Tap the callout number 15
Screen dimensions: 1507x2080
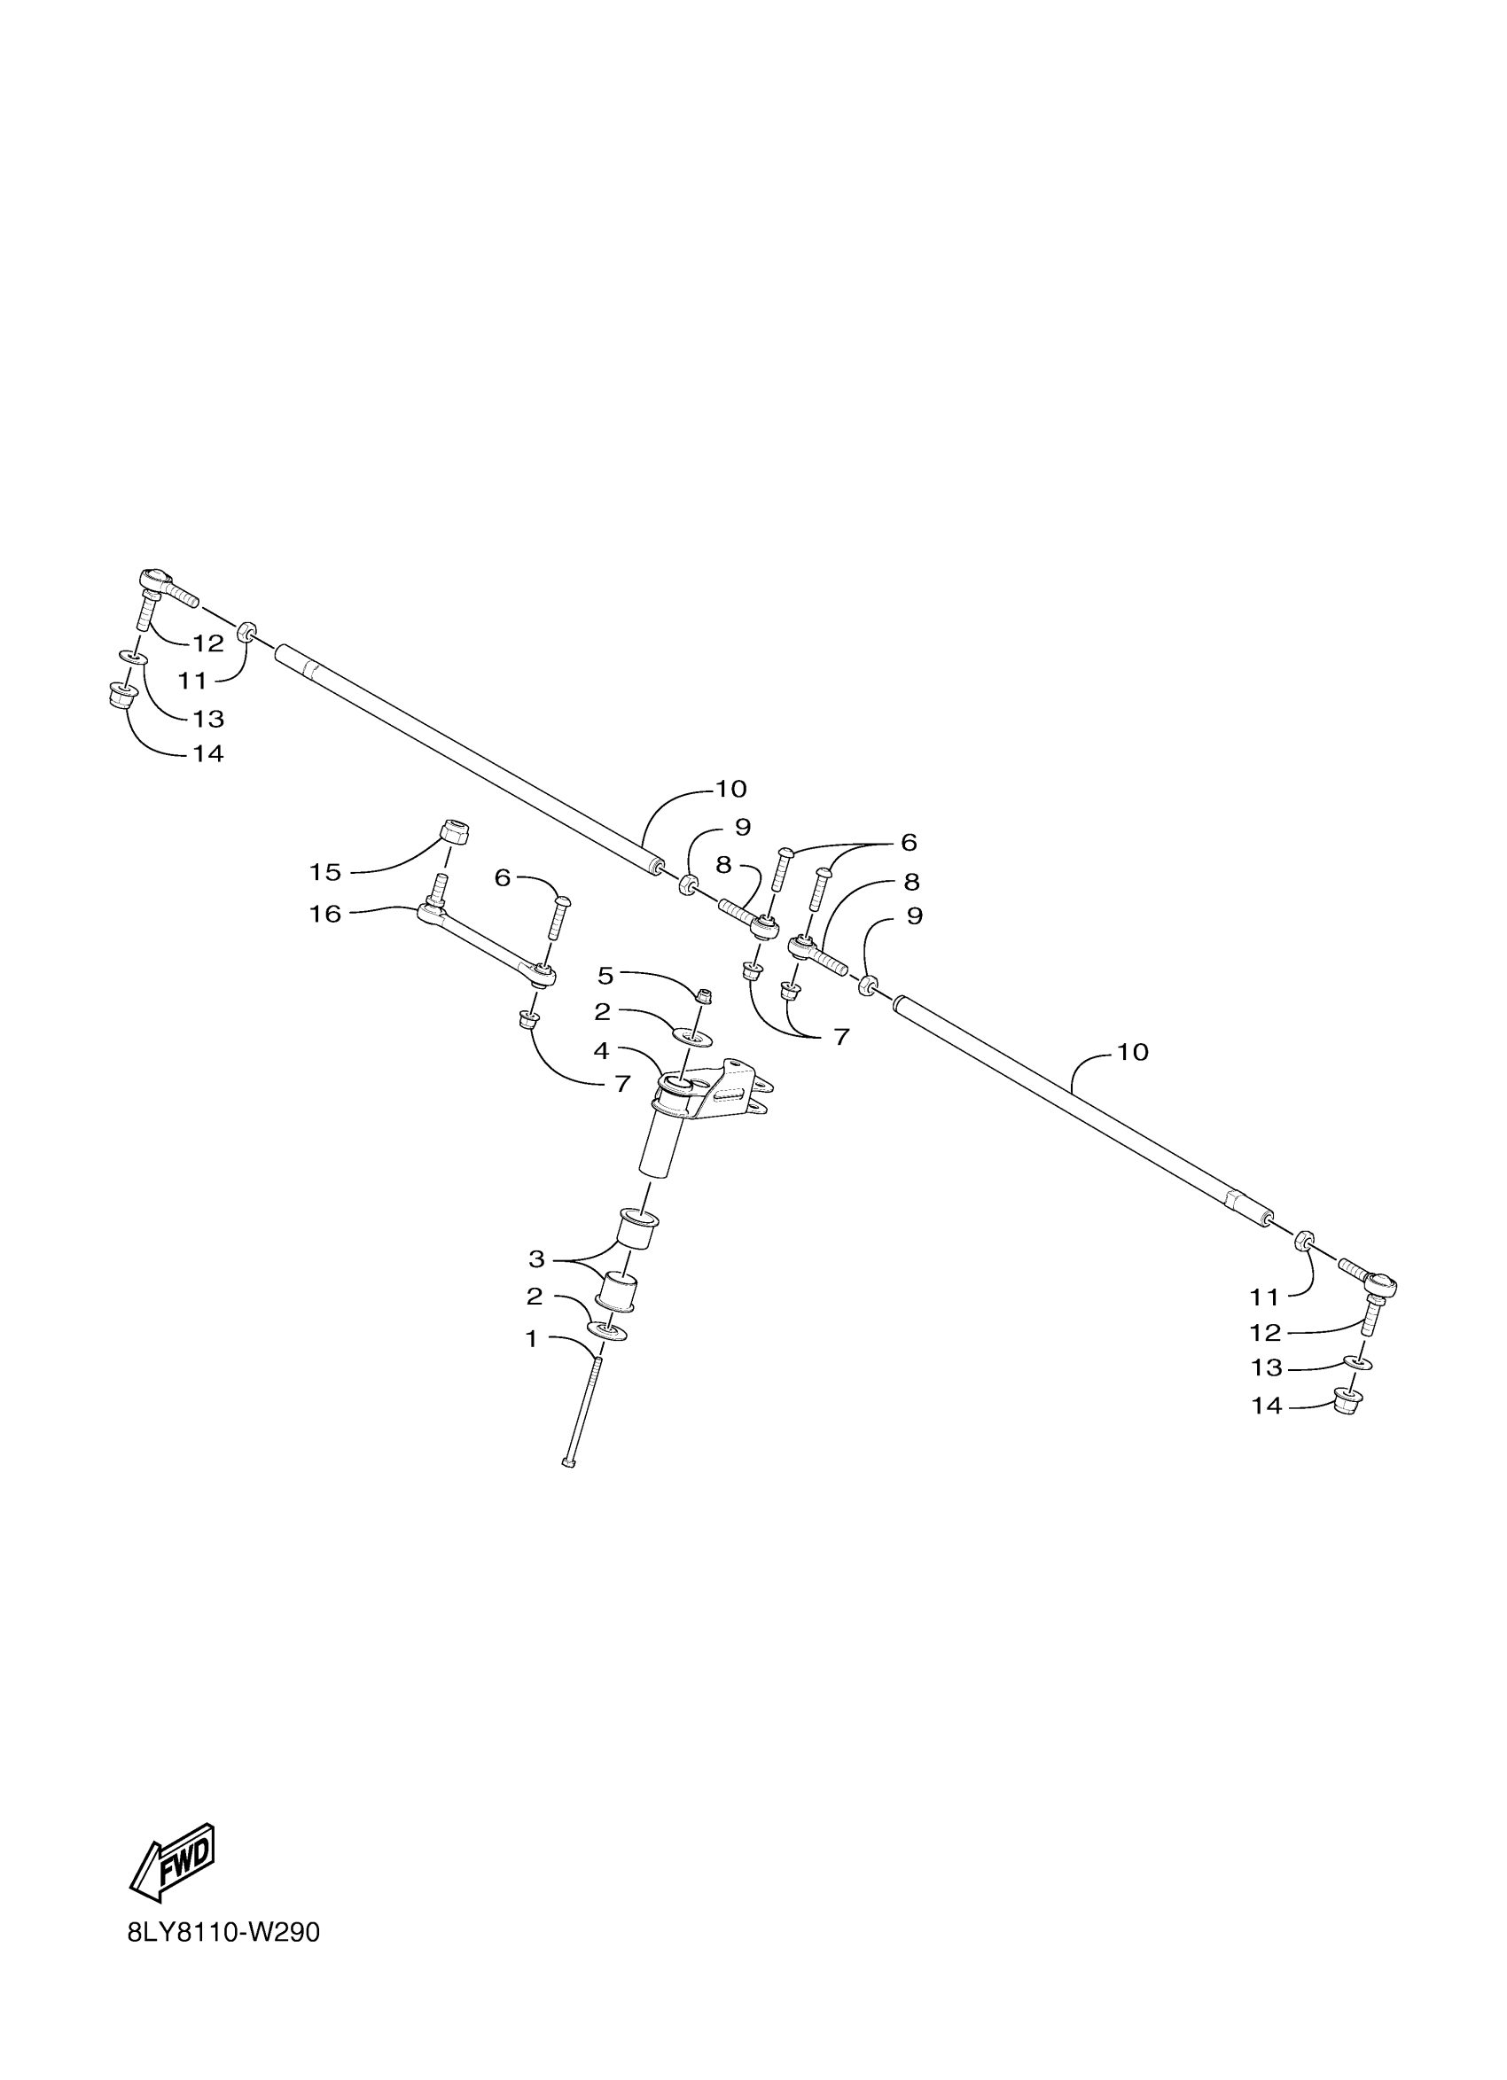click(x=324, y=872)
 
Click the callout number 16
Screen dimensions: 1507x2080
click(x=324, y=915)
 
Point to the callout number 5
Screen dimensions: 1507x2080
click(x=605, y=975)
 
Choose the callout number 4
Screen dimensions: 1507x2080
click(x=602, y=1051)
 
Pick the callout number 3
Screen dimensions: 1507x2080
click(x=536, y=1258)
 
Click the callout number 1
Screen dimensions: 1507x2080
click(x=531, y=1339)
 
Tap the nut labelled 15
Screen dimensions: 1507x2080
click(x=454, y=832)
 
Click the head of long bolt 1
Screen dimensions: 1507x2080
click(x=567, y=1464)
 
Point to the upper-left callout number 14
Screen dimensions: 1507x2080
click(x=208, y=754)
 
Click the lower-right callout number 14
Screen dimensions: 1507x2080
click(x=1266, y=1405)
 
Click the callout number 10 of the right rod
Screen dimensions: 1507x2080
click(x=1133, y=1052)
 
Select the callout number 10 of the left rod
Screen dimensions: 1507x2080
click(x=731, y=789)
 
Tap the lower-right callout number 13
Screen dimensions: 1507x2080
click(x=1266, y=1367)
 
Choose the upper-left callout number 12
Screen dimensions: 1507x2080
click(x=208, y=643)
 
